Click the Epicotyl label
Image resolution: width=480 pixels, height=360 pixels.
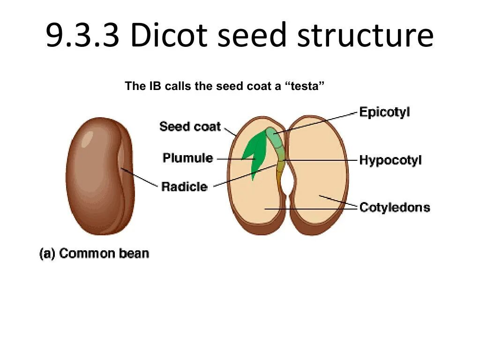384,112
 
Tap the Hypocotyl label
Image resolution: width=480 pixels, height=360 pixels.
390,160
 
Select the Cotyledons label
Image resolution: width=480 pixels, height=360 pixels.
394,207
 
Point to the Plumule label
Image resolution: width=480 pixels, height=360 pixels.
187,158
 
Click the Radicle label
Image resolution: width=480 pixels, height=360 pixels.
184,187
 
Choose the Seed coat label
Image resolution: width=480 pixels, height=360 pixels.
190,126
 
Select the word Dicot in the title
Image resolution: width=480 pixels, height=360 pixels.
168,36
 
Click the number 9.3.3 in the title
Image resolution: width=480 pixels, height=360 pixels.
84,36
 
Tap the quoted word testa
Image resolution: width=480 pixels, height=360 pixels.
305,86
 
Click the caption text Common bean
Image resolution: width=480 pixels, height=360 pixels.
104,254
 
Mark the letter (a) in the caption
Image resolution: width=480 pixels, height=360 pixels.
47,254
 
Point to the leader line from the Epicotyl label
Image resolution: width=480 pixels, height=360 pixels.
319,122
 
